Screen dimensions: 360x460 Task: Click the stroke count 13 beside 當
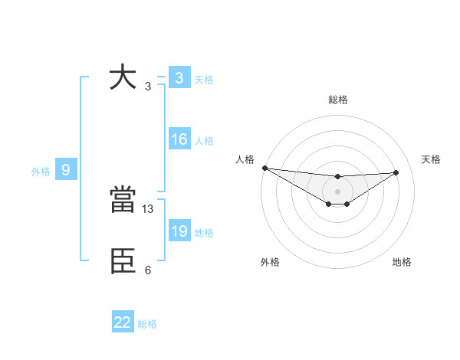[x=148, y=208]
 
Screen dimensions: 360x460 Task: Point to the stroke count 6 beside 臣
[x=148, y=270]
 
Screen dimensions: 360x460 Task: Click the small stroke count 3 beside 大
[x=147, y=87]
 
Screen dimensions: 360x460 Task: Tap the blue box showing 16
[x=179, y=139]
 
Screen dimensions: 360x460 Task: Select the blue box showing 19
[x=179, y=231]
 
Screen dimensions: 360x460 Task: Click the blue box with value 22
[x=123, y=322]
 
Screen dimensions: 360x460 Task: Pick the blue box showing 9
[x=66, y=170]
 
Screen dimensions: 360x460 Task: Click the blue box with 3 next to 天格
[x=179, y=78]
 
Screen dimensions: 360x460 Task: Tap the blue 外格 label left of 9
[x=41, y=172]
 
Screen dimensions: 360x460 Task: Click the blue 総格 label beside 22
[x=147, y=324]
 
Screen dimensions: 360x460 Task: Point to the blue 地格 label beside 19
[x=204, y=233]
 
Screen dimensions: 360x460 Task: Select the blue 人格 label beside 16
[x=204, y=141]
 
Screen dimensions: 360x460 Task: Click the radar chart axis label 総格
[x=337, y=100]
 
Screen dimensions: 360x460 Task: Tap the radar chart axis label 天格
[x=431, y=159]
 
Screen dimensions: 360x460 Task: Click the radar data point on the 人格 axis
[x=264, y=168]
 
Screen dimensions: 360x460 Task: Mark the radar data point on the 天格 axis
[x=396, y=172]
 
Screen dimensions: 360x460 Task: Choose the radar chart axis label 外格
[x=270, y=262]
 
